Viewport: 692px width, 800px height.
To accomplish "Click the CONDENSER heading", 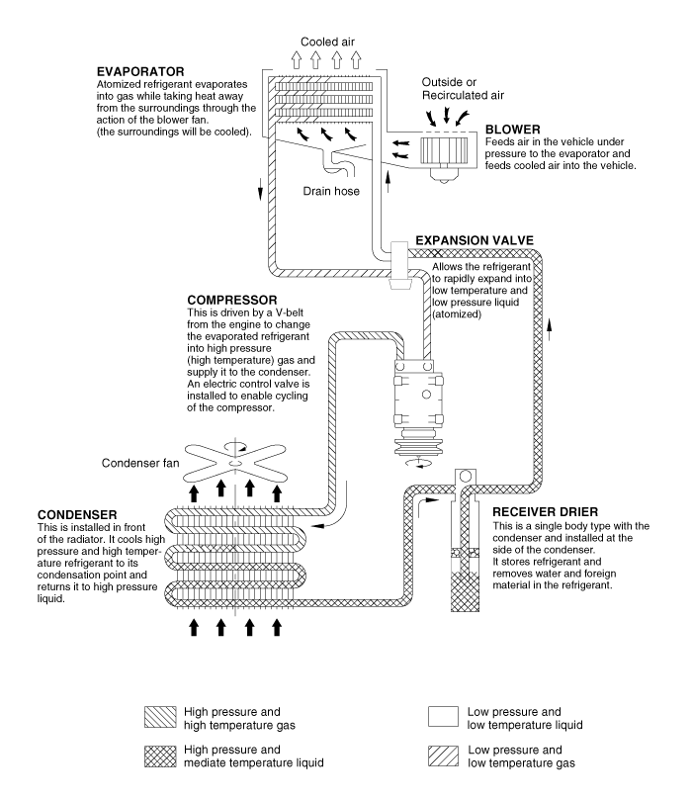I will (x=78, y=515).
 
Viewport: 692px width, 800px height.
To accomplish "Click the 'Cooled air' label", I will (x=328, y=42).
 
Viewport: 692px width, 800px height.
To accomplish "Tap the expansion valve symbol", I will (x=402, y=263).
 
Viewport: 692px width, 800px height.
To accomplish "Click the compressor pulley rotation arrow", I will (x=423, y=463).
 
